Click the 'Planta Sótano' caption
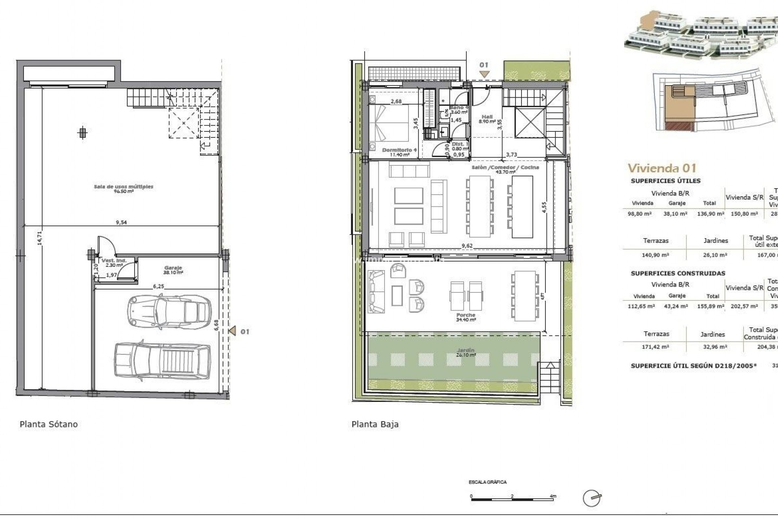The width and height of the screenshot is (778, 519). (49, 425)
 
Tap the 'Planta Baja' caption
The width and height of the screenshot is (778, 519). (375, 425)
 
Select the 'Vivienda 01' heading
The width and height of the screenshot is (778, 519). (662, 168)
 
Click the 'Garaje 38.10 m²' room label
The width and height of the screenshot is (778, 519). (173, 270)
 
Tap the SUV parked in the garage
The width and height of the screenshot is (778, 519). (162, 361)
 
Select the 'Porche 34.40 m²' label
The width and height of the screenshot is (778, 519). (466, 317)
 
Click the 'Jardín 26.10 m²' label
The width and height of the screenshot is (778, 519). (465, 352)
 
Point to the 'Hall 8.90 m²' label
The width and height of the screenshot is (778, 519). (487, 119)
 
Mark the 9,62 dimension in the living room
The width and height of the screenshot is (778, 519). (467, 246)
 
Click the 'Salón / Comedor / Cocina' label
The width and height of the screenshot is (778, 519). (505, 167)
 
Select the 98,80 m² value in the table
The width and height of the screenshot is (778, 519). (639, 214)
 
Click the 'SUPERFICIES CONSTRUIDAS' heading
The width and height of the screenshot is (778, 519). (678, 273)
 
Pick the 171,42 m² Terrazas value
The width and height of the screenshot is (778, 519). (656, 347)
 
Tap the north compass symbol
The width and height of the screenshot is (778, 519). (592, 498)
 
